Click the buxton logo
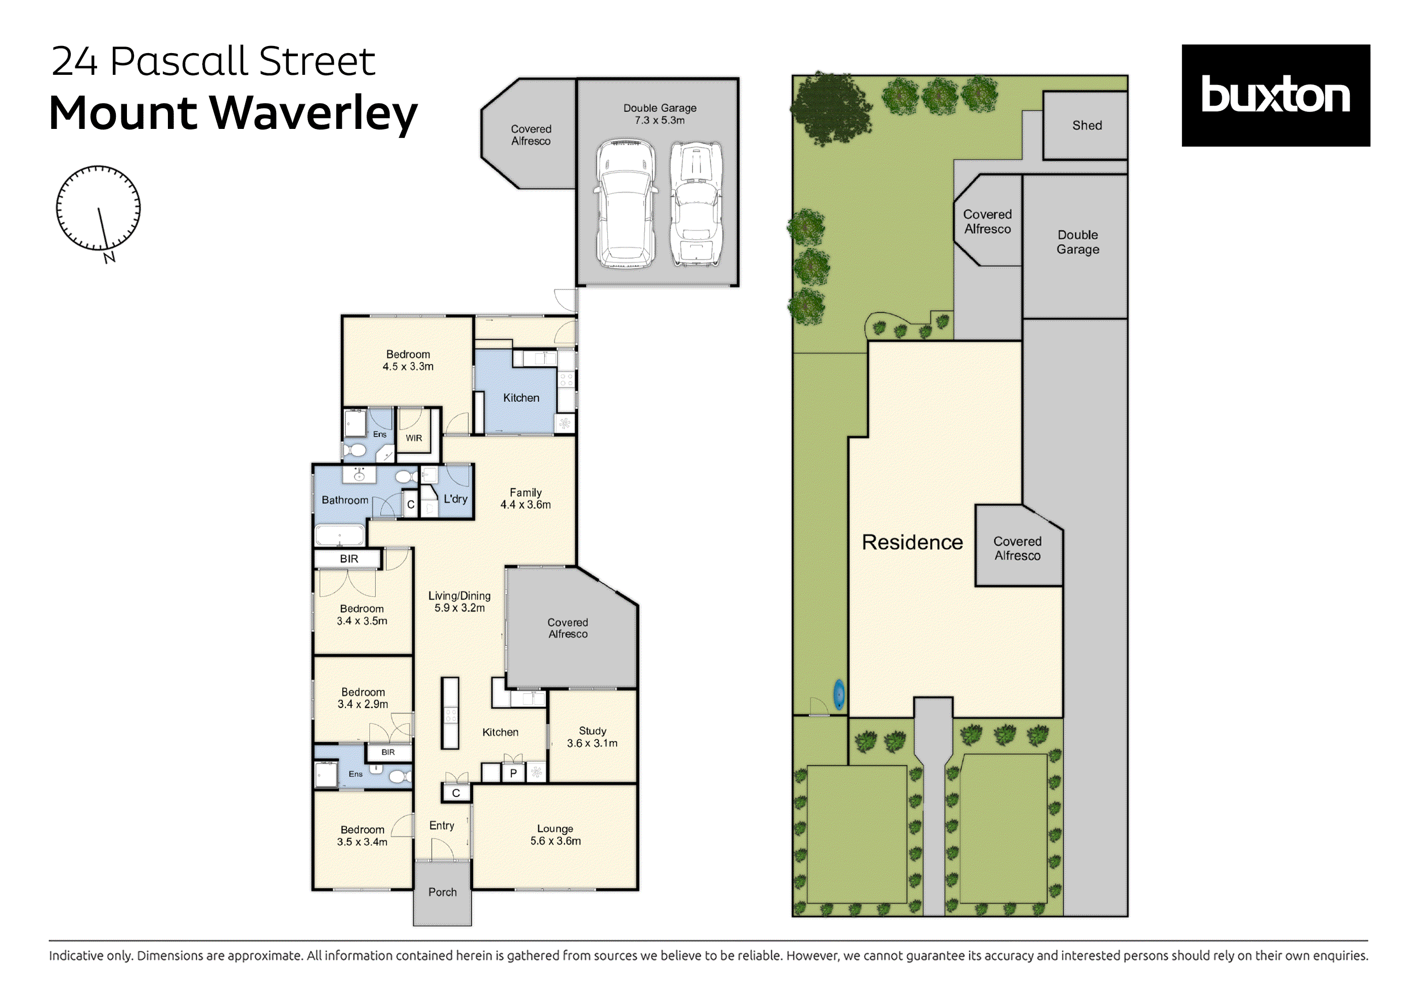[1275, 95]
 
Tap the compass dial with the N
[98, 208]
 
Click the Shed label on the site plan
[1087, 126]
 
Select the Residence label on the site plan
[912, 542]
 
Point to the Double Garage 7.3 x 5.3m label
[659, 114]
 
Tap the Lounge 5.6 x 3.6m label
[555, 835]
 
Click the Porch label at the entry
[442, 892]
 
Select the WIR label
[414, 438]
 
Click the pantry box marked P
[513, 773]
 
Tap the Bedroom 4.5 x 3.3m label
[408, 360]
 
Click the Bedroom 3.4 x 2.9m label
[363, 698]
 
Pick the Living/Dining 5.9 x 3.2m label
[460, 602]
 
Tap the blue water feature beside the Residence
[839, 695]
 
